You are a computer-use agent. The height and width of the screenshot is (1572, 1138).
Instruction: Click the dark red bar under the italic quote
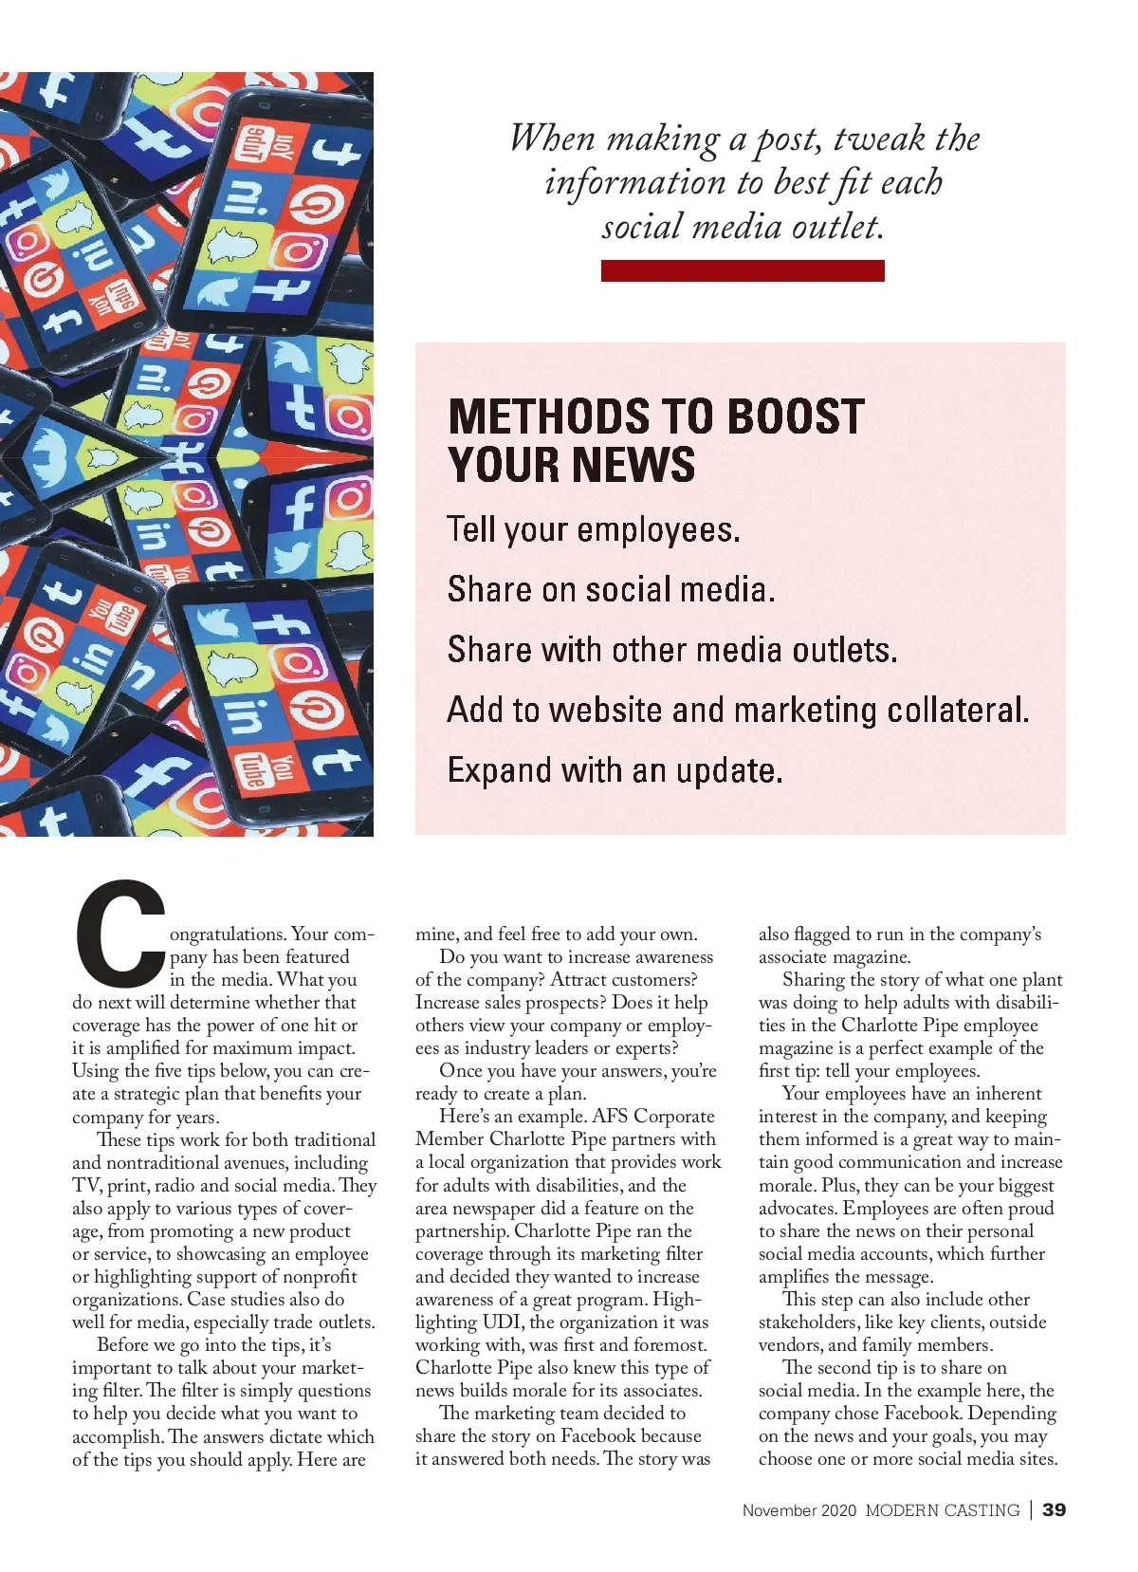pos(743,271)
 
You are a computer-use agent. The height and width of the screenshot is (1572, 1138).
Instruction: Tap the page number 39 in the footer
pos(1054,1510)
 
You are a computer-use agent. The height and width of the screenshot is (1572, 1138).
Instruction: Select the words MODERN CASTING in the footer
pos(943,1510)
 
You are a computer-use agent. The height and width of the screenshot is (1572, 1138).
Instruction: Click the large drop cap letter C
pos(120,934)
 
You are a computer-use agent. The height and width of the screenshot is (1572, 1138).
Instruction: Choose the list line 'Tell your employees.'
pos(593,529)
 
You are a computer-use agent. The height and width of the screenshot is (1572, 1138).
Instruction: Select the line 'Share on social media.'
pos(611,589)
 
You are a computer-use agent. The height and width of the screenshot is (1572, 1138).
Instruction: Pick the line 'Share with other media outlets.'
pos(671,650)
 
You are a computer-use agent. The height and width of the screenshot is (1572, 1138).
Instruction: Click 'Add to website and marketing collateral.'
pos(738,710)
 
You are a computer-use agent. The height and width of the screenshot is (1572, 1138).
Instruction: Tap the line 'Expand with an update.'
pos(615,769)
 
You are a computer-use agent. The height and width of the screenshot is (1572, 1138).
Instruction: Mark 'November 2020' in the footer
pos(799,1510)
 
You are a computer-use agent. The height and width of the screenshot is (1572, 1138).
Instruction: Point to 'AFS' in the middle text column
pos(610,1117)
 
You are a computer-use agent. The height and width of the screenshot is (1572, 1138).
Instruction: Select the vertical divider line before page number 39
pos(1031,1510)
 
